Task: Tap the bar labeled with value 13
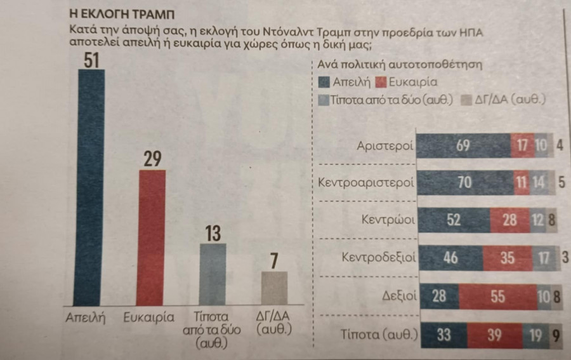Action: pos(213,274)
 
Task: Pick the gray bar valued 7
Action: pos(273,289)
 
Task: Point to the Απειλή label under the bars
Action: pos(84,317)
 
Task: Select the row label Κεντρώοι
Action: pos(388,222)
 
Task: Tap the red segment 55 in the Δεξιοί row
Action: pos(497,295)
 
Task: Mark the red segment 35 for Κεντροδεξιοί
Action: pos(507,258)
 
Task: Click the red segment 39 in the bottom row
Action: pos(493,333)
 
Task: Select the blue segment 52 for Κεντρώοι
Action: pos(454,220)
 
